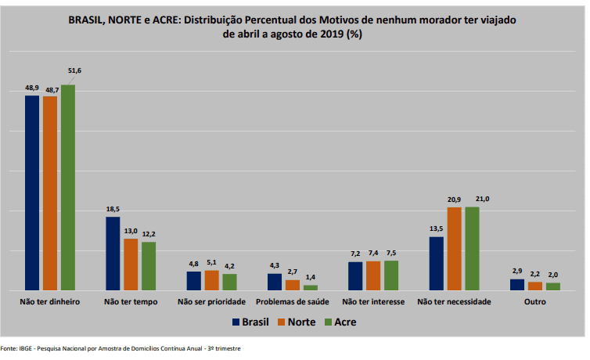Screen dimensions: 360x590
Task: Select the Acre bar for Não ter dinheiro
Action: [68, 187]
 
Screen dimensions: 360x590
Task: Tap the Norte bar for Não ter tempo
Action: [131, 265]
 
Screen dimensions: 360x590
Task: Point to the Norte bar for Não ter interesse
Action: [373, 275]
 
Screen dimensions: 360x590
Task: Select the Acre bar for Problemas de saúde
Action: [311, 287]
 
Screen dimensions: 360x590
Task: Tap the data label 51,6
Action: [75, 71]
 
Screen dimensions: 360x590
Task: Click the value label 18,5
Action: [113, 209]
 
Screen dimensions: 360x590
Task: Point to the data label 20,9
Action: [454, 200]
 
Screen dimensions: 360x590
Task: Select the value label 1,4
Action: [311, 278]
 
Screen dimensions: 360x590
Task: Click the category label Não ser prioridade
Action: [211, 301]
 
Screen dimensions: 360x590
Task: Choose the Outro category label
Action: [535, 301]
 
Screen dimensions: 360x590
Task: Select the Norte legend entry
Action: [297, 322]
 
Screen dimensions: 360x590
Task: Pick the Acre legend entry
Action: [343, 322]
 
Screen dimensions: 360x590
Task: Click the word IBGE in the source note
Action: [26, 349]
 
